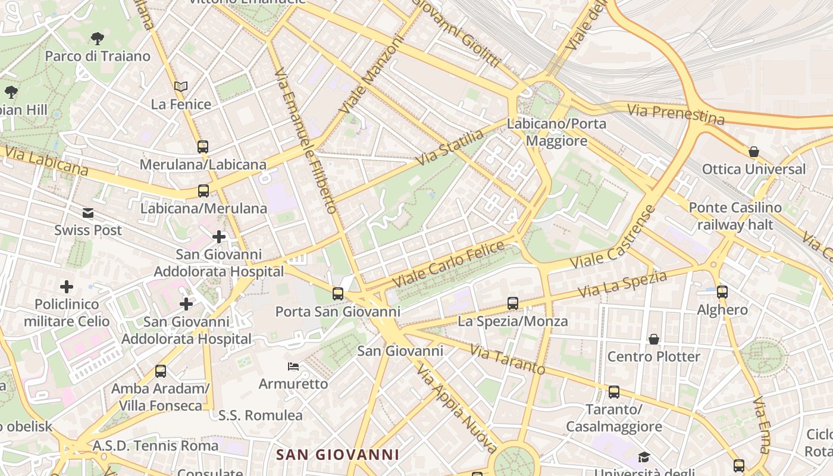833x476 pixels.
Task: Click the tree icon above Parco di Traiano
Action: [x=98, y=39]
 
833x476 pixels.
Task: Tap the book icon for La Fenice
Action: [x=181, y=87]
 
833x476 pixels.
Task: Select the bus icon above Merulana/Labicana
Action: [x=203, y=146]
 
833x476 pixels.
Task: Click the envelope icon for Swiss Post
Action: [x=88, y=213]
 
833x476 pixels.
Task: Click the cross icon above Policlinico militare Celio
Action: [x=67, y=287]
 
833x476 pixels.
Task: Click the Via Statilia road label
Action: [x=450, y=148]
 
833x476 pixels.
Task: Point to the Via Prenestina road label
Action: [x=676, y=114]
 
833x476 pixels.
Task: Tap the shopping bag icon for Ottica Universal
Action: [x=754, y=152]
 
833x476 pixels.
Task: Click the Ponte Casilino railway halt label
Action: [x=735, y=216]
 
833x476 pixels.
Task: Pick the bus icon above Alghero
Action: [x=722, y=292]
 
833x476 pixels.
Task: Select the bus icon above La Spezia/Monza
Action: [x=513, y=303]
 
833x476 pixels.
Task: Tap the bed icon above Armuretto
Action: [x=293, y=366]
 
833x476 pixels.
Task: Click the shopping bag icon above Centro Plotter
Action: [x=654, y=339]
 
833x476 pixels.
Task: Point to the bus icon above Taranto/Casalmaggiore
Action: [x=614, y=392]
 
